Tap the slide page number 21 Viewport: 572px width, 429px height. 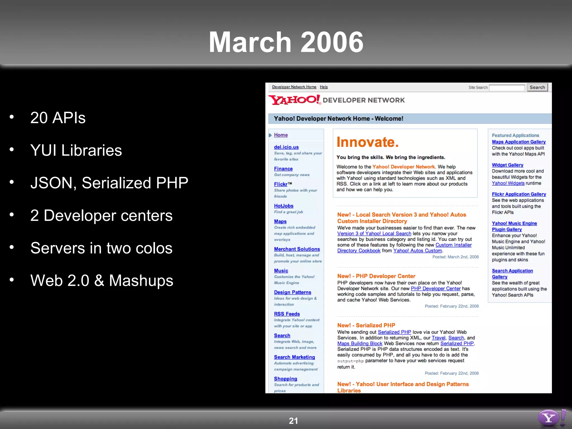point(293,421)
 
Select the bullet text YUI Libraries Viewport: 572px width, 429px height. point(76,150)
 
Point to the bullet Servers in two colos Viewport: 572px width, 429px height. point(101,248)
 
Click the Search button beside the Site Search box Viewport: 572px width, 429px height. point(537,87)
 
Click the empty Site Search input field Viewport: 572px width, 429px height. point(507,88)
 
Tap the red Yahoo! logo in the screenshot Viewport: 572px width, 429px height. point(295,100)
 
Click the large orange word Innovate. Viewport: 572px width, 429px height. point(367,142)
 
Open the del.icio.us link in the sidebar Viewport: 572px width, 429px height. point(286,147)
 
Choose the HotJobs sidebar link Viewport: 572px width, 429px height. point(283,206)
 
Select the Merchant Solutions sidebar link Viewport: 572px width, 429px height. point(297,249)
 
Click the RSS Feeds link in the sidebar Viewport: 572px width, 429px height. point(287,314)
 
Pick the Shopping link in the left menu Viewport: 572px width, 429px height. point(285,379)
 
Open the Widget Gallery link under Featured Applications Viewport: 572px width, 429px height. point(507,165)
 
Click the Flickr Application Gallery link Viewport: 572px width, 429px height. point(519,194)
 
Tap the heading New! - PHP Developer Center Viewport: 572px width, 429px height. point(376,276)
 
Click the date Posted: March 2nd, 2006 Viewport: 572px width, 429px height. point(456,257)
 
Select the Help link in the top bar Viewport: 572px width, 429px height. point(324,87)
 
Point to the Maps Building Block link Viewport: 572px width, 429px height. point(359,344)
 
